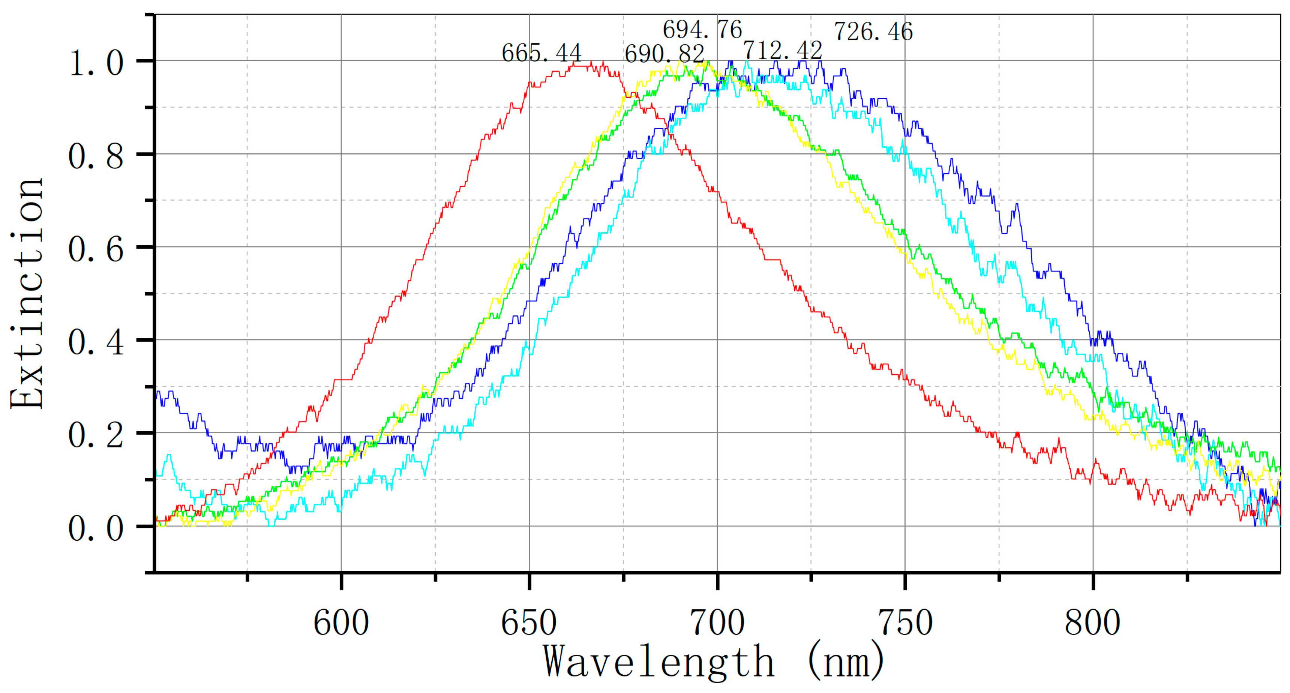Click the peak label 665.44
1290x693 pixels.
click(x=541, y=52)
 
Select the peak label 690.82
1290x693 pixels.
click(x=664, y=54)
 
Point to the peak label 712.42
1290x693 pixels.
click(x=782, y=50)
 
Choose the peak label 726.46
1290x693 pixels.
click(x=873, y=31)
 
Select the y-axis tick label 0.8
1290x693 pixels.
click(x=96, y=156)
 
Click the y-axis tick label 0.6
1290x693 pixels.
click(x=96, y=249)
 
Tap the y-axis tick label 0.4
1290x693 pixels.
click(x=96, y=342)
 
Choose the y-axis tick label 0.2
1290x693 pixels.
click(x=96, y=435)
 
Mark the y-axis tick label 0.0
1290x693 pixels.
click(x=96, y=528)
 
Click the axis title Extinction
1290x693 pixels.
click(x=27, y=293)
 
